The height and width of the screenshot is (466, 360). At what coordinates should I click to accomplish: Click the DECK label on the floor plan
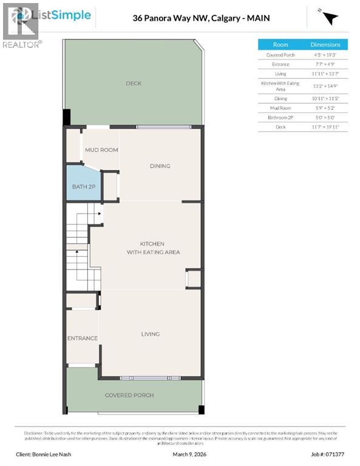pos(134,83)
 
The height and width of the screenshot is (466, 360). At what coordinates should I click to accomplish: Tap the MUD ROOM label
pos(101,150)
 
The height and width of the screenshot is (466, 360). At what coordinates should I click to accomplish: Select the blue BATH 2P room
pos(84,186)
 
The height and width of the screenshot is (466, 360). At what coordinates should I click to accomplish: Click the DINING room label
pos(160,166)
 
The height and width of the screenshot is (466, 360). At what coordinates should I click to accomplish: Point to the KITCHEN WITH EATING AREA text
pos(153,248)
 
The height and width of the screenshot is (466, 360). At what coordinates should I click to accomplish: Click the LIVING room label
pos(150,334)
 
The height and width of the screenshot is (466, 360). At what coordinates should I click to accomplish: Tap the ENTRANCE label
pos(82,338)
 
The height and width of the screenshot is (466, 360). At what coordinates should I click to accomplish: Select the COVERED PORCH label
pos(129,395)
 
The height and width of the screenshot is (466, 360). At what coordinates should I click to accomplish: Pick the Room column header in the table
pos(280,45)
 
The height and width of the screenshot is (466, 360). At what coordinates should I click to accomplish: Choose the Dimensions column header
pos(326,45)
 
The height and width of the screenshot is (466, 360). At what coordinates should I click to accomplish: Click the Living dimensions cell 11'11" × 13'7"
pos(326,73)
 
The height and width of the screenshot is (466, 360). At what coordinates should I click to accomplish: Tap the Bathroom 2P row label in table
pos(280,117)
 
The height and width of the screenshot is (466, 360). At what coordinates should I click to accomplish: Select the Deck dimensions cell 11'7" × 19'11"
pos(326,126)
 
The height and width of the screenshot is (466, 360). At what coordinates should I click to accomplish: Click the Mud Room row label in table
pos(280,108)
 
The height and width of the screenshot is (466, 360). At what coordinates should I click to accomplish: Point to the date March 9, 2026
pos(192,453)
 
